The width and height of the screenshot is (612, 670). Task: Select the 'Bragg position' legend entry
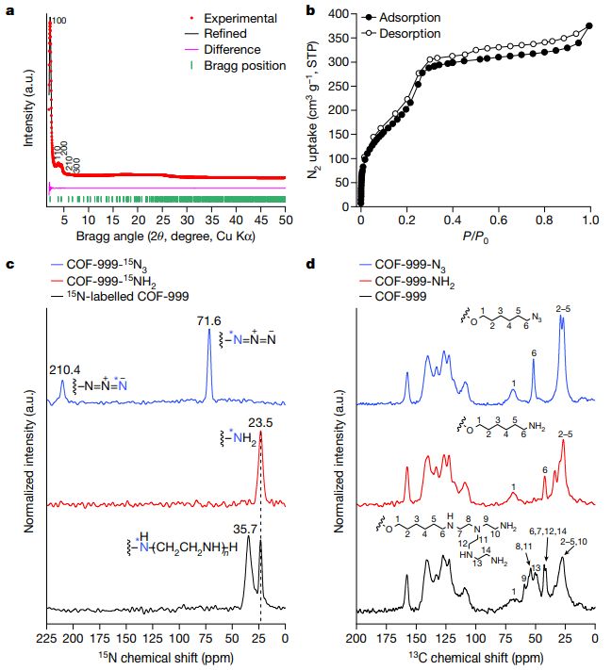[x=248, y=66]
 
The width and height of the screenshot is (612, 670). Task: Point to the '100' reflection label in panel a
[x=58, y=20]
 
